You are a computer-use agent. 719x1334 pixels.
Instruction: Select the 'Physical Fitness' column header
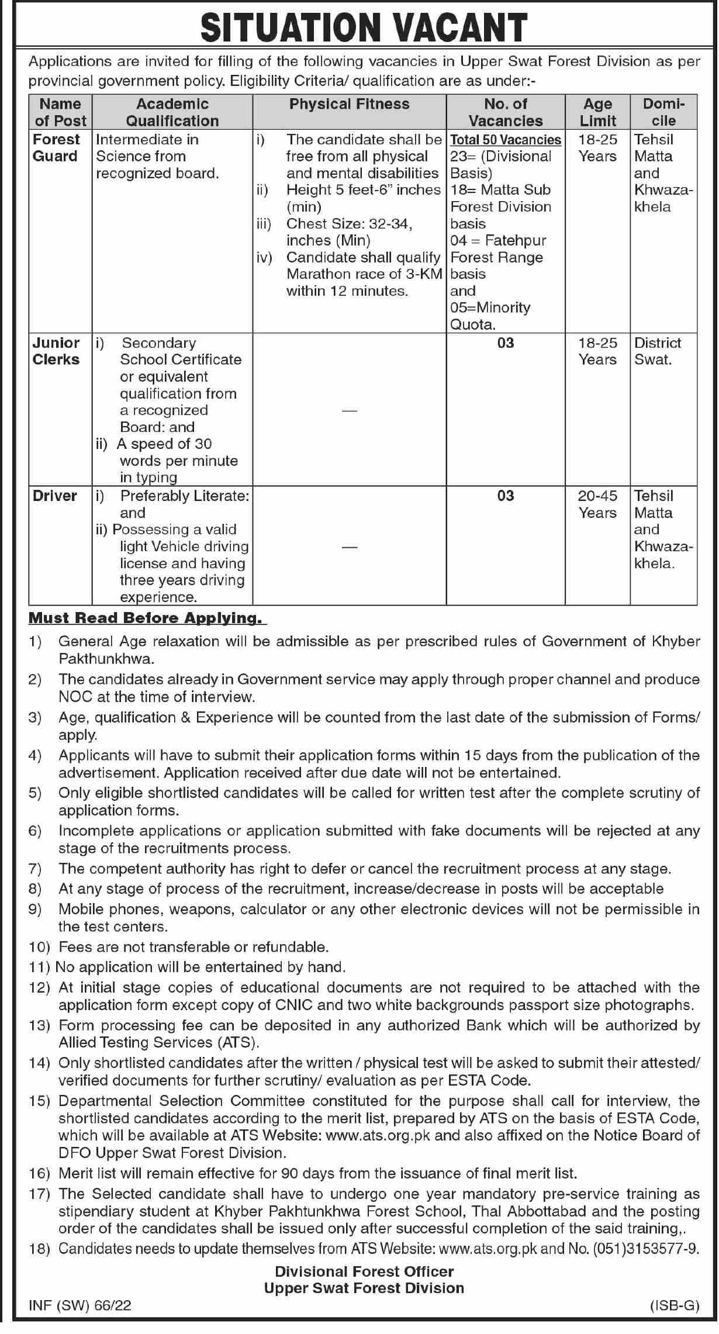pyautogui.click(x=350, y=104)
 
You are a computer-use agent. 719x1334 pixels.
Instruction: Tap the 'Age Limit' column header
pyautogui.click(x=597, y=112)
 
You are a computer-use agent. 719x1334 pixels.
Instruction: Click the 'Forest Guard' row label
pyautogui.click(x=56, y=148)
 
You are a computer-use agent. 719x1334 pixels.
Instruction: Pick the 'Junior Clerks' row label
pyautogui.click(x=56, y=351)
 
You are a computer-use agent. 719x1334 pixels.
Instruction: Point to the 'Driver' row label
pyautogui.click(x=55, y=496)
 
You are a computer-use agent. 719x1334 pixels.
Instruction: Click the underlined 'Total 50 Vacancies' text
pyautogui.click(x=506, y=140)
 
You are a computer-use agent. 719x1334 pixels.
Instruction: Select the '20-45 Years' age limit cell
pyautogui.click(x=597, y=504)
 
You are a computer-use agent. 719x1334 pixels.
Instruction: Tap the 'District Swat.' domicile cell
pyautogui.click(x=658, y=351)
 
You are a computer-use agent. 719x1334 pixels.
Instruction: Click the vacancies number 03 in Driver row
pyautogui.click(x=506, y=496)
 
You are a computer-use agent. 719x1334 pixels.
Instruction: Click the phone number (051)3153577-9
pyautogui.click(x=646, y=1249)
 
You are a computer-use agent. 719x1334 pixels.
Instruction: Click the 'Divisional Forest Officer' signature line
pyautogui.click(x=364, y=1271)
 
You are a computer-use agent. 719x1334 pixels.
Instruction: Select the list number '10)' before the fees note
pyautogui.click(x=41, y=946)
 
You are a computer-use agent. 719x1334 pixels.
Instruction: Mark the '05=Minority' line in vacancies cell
pyautogui.click(x=490, y=308)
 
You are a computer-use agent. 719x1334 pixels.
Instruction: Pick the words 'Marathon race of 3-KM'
pyautogui.click(x=364, y=274)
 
